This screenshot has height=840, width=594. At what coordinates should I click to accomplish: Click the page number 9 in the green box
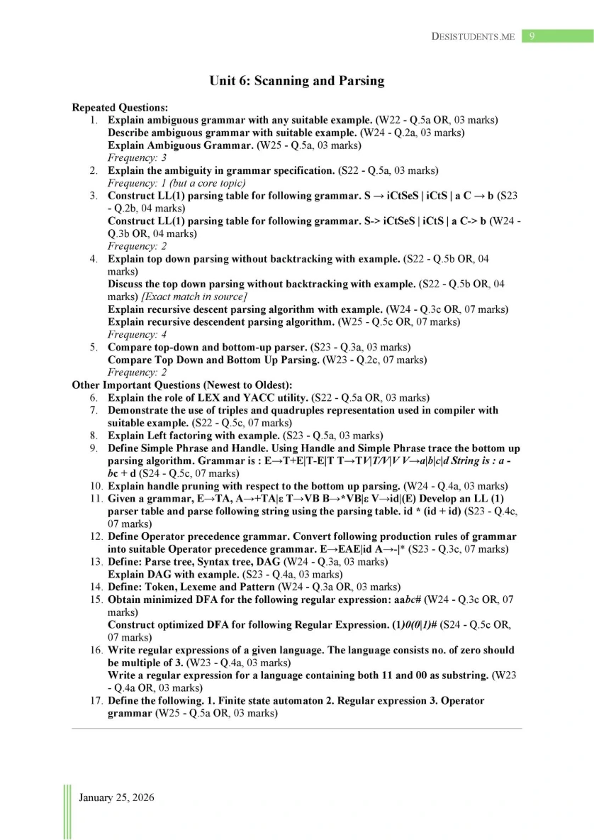coord(532,36)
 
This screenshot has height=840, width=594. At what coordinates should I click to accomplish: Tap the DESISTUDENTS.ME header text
coord(473,37)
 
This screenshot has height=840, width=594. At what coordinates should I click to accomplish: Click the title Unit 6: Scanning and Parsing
coord(296,81)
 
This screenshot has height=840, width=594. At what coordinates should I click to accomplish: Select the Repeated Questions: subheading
coord(120,108)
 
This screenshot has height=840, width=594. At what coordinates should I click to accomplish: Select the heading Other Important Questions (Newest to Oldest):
coord(182,385)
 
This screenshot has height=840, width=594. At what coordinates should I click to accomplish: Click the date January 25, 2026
coord(116,798)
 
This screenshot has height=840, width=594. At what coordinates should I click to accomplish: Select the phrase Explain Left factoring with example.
coord(194,436)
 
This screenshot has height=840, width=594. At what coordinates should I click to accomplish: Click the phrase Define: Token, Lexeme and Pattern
coord(194,587)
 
